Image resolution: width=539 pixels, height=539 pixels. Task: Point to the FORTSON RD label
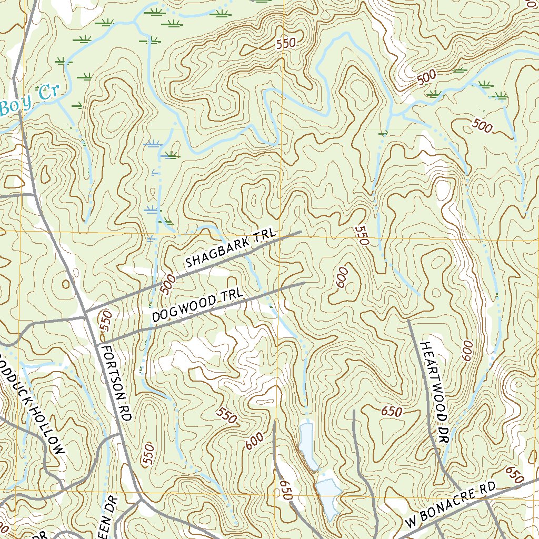pos(116,382)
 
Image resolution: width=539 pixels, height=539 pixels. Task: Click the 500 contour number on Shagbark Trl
pos(167,283)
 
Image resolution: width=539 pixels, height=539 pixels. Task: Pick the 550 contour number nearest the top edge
pos(286,44)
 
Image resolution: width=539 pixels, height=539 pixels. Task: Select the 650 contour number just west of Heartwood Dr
pos(392,412)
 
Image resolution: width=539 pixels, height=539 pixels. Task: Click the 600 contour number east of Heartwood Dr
pos(467,351)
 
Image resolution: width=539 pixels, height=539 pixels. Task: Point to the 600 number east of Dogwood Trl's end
pos(342,277)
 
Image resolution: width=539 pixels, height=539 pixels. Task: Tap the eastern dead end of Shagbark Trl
pos(301,232)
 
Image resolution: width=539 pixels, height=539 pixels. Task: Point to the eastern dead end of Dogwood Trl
pos(304,283)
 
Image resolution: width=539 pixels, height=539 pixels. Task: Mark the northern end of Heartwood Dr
pos(409,320)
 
